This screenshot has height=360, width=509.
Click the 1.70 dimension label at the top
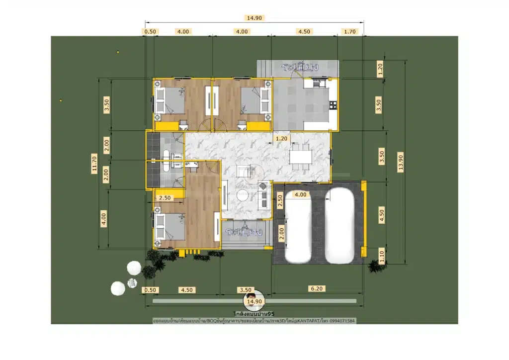click(350, 31)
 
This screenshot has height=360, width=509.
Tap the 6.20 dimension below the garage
click(316, 289)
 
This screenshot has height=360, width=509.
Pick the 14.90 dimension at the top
click(254, 18)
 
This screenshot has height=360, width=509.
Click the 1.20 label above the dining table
click(282, 139)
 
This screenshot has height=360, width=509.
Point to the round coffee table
click(243, 196)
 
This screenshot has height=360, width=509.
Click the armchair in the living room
click(243, 170)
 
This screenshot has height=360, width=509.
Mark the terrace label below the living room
click(243, 232)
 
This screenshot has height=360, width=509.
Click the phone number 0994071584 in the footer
click(342, 321)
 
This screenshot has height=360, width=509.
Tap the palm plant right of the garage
click(373, 266)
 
